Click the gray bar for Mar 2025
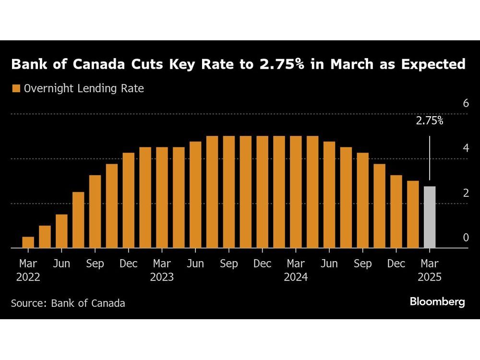429,217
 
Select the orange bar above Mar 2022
28,242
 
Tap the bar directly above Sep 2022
95,212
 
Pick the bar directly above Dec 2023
262,192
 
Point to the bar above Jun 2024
329,195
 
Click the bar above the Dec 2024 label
396,212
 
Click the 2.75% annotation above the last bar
429,121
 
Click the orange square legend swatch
16,89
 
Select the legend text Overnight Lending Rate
84,89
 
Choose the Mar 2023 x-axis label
162,270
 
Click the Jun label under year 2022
61,264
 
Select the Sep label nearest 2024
363,264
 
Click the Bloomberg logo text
437,302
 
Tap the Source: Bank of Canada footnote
68,303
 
